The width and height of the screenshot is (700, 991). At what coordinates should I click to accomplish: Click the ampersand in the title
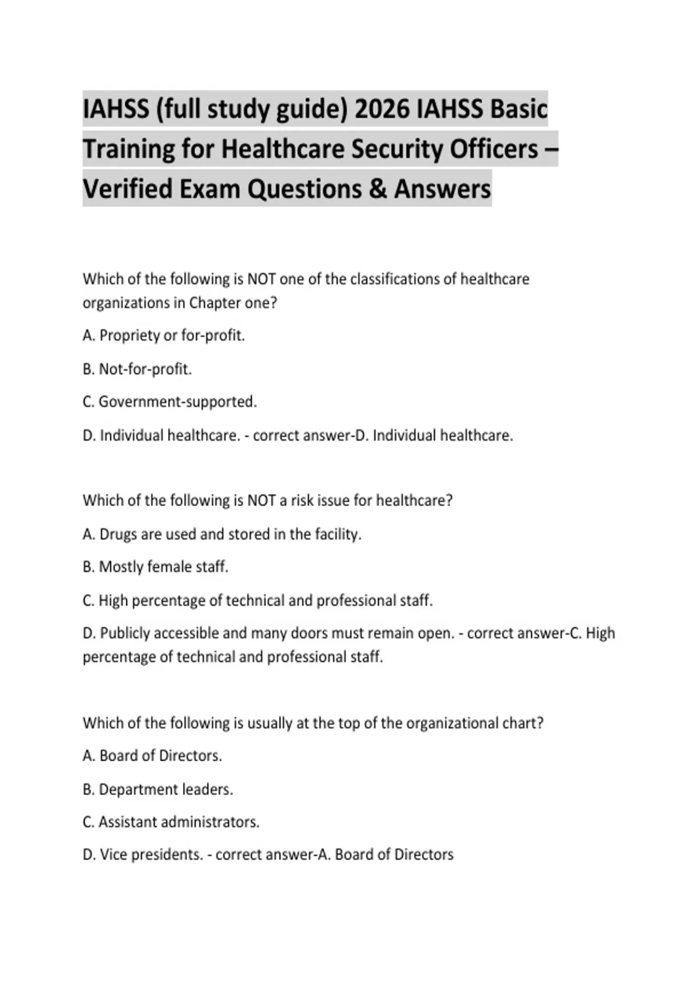[378, 189]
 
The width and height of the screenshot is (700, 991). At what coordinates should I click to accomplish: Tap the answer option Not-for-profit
[145, 369]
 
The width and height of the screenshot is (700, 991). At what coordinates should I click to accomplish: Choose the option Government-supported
[177, 402]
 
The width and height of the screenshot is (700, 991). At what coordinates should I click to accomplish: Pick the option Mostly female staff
[163, 567]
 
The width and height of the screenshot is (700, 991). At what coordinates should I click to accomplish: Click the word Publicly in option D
[125, 633]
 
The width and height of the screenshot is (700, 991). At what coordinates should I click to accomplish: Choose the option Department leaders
[166, 789]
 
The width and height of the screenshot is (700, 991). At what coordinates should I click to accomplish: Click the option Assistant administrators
[178, 822]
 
